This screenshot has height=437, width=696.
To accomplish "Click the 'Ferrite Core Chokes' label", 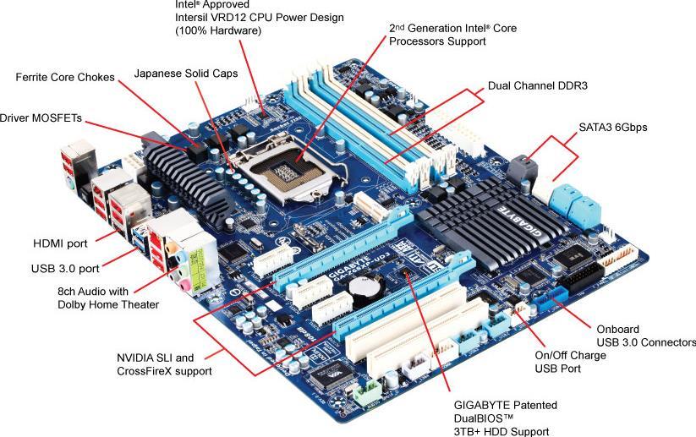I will pyautogui.click(x=64, y=78).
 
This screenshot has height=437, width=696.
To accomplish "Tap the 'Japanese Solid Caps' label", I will pyautogui.click(x=186, y=74).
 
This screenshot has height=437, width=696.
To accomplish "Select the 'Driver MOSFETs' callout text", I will pyautogui.click(x=41, y=118).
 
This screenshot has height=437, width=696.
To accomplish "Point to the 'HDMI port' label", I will pyautogui.click(x=60, y=243).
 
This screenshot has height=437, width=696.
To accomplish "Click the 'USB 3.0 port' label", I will pyautogui.click(x=64, y=269).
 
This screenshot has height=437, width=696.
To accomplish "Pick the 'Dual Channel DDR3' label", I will pyautogui.click(x=538, y=86).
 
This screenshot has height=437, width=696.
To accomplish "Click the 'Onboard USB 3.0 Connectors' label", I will pyautogui.click(x=645, y=336).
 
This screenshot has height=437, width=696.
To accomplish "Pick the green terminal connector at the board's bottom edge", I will pyautogui.click(x=366, y=393).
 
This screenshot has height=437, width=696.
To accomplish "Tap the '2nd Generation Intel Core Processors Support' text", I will pyautogui.click(x=452, y=34).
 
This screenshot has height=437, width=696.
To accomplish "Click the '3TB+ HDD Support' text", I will pyautogui.click(x=495, y=431).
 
